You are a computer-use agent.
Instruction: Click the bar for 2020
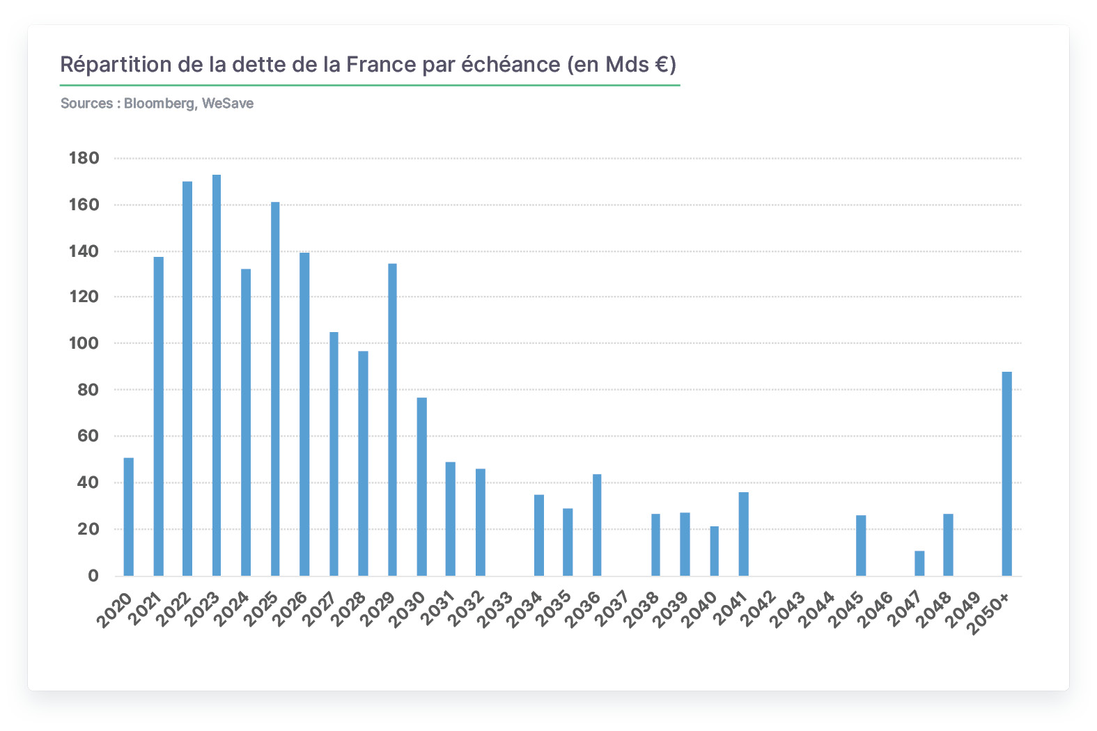pyautogui.click(x=128, y=517)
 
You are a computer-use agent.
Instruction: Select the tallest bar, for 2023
pyautogui.click(x=217, y=375)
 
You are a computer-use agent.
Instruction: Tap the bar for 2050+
pyautogui.click(x=1007, y=473)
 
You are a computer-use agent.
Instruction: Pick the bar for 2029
pyautogui.click(x=392, y=420)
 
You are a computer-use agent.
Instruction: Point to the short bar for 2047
pyautogui.click(x=919, y=563)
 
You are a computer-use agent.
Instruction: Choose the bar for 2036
pyautogui.click(x=597, y=525)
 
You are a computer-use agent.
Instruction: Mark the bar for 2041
pyautogui.click(x=743, y=534)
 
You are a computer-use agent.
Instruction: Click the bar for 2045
pyautogui.click(x=861, y=545)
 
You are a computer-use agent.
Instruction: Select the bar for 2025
pyautogui.click(x=275, y=388)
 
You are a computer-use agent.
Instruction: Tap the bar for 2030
pyautogui.click(x=421, y=487)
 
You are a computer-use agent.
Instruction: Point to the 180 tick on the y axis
pyautogui.click(x=84, y=158)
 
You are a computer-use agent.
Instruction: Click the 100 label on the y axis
pyautogui.click(x=84, y=343)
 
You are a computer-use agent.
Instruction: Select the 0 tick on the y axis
pyautogui.click(x=93, y=576)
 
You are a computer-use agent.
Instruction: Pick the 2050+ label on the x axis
pyautogui.click(x=989, y=613)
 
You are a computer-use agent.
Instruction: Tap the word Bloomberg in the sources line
pyautogui.click(x=160, y=103)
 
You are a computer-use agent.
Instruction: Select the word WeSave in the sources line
pyautogui.click(x=228, y=103)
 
